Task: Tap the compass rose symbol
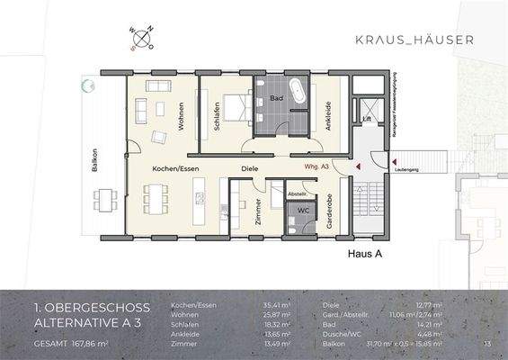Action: (142, 39)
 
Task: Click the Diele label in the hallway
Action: (249, 168)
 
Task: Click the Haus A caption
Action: (365, 255)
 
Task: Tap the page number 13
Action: (486, 343)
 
